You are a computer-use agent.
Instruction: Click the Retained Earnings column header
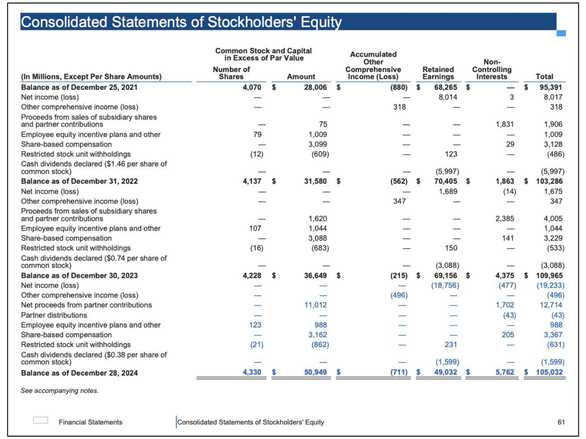(438, 73)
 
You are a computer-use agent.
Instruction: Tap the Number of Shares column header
(231, 73)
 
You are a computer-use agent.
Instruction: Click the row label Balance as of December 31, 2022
(79, 181)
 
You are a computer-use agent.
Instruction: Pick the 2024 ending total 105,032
(549, 372)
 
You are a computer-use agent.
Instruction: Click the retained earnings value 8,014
(448, 97)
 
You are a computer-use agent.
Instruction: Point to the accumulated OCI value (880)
(399, 87)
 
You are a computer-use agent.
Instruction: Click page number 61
(561, 422)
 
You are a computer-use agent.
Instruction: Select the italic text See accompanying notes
(60, 391)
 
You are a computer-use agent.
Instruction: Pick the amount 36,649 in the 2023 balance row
(315, 275)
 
